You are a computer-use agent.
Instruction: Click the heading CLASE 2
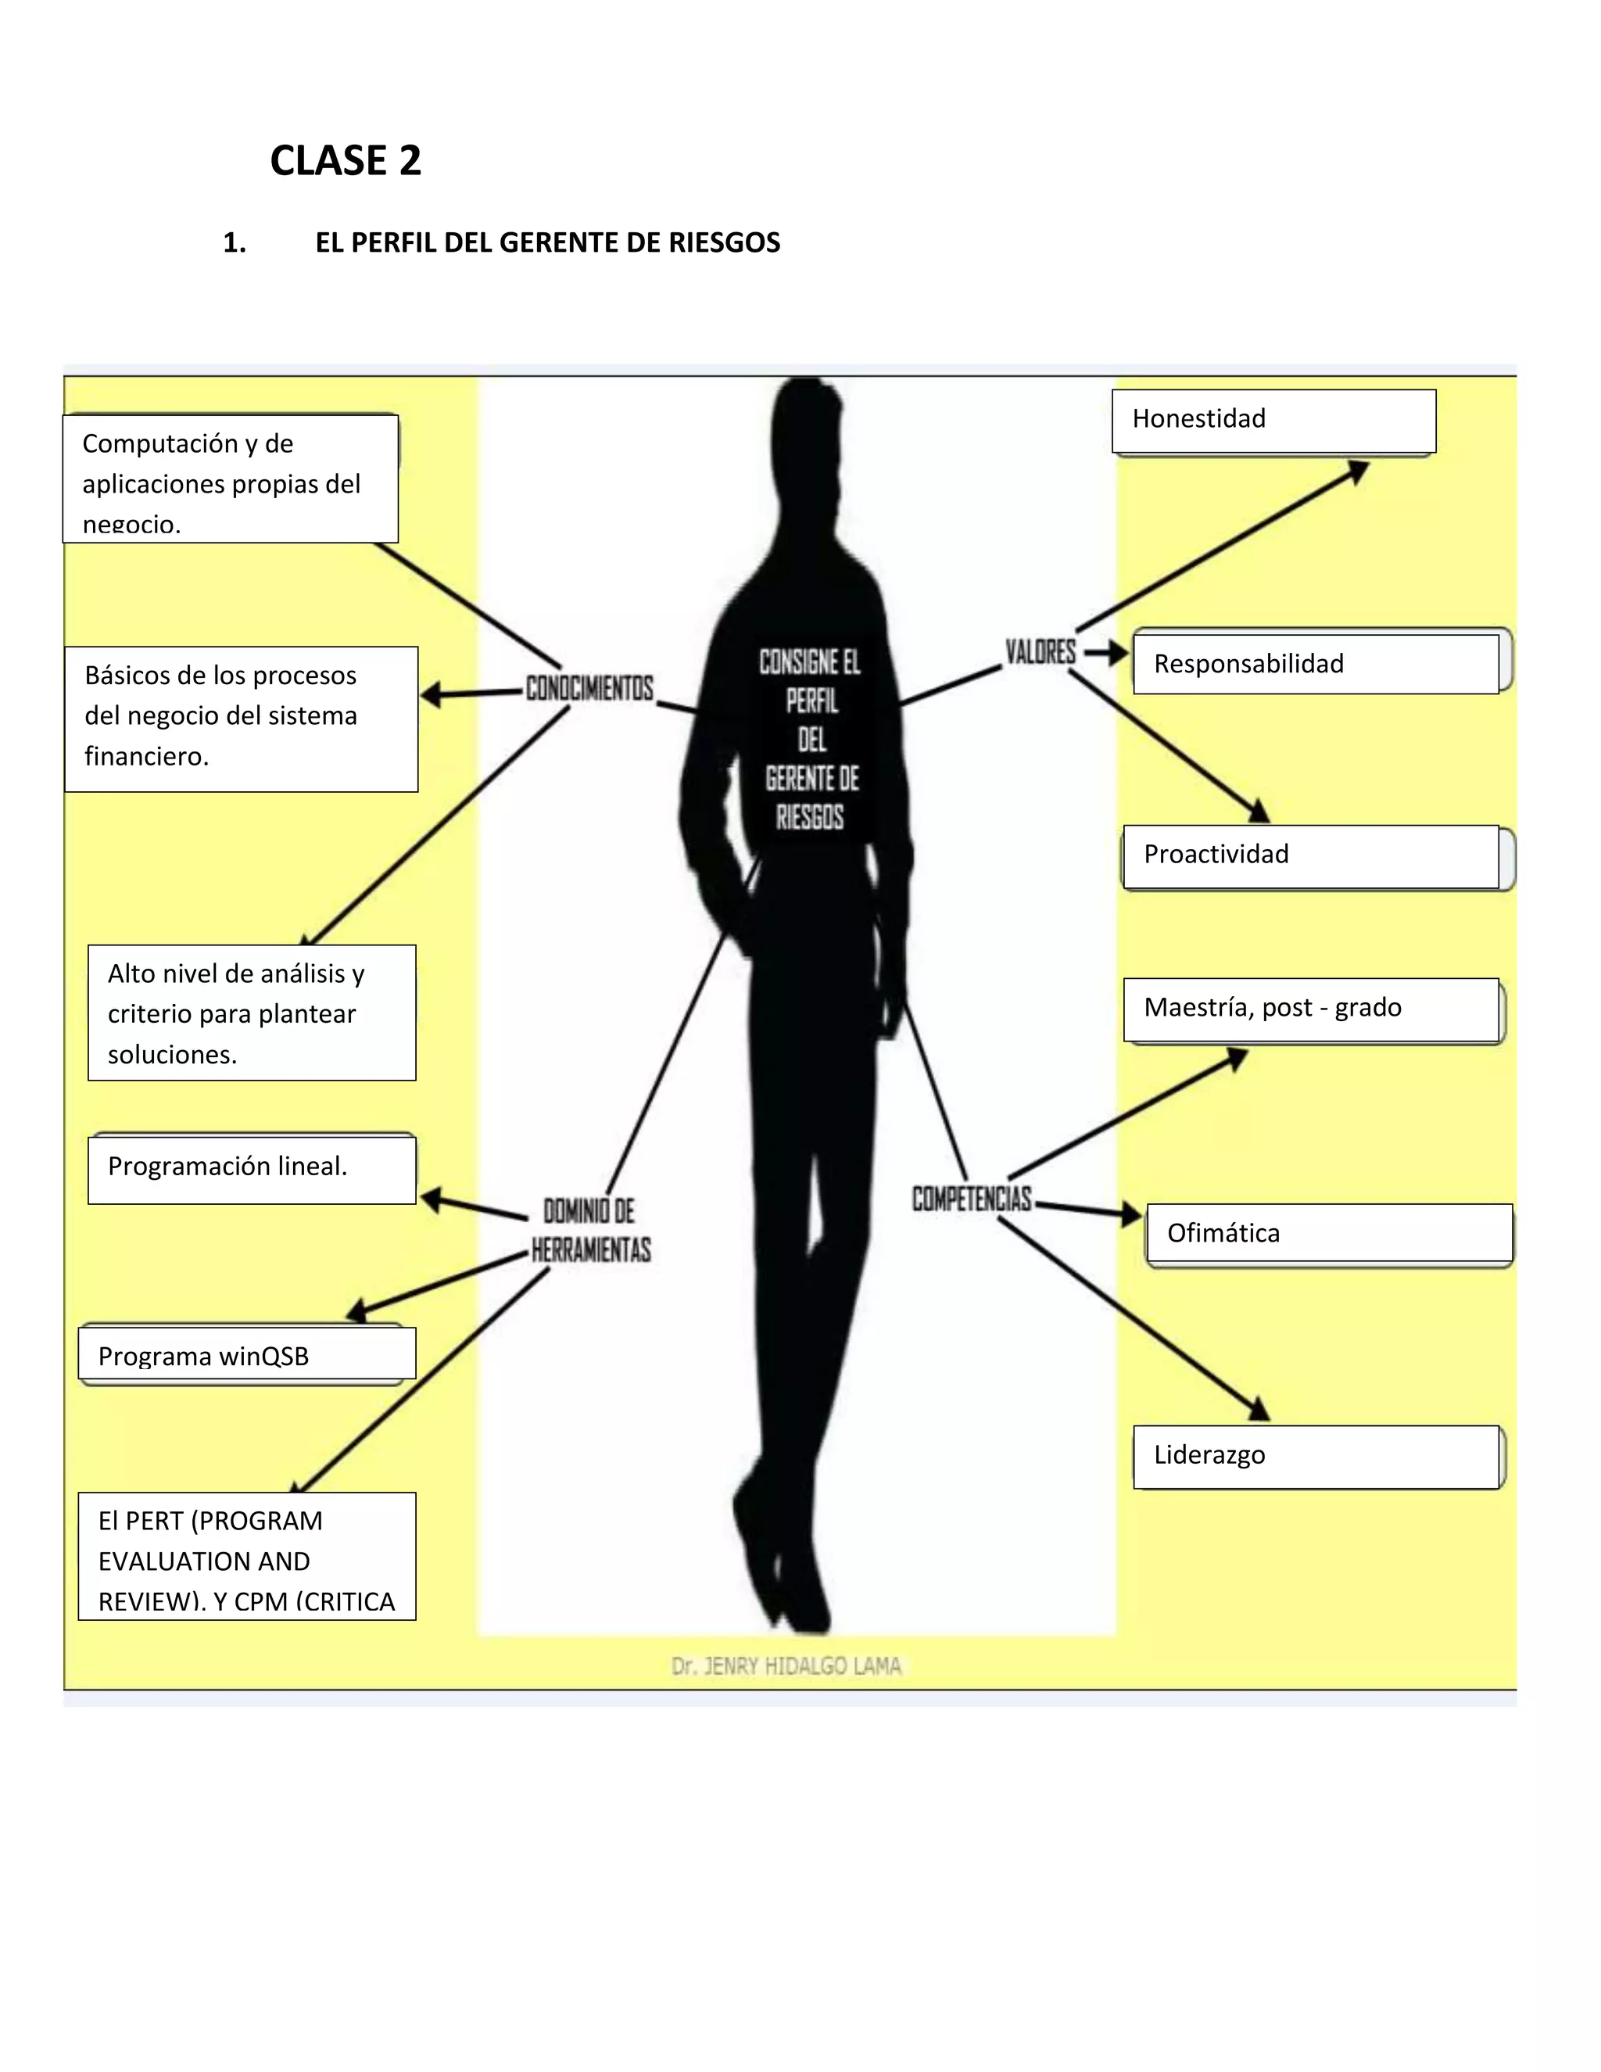346,160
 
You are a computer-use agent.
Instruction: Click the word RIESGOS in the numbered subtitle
724,243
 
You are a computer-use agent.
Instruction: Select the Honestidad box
1273,421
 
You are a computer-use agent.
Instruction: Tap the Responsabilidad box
1316,664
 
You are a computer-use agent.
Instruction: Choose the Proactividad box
1310,855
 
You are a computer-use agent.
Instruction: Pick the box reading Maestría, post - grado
1311,1009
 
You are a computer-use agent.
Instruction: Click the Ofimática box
1328,1233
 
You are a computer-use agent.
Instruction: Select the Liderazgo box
1316,1455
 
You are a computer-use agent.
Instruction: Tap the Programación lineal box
252,1168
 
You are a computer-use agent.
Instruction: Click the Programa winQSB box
246,1355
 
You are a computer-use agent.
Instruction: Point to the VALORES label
1040,652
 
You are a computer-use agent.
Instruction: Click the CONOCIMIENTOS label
589,688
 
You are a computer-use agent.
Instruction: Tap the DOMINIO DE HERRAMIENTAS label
591,1231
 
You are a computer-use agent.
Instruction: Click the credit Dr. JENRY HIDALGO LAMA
786,1666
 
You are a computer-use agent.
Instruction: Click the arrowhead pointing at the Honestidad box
1360,470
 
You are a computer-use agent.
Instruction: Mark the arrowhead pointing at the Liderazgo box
1259,1410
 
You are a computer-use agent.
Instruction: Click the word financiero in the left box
146,756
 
